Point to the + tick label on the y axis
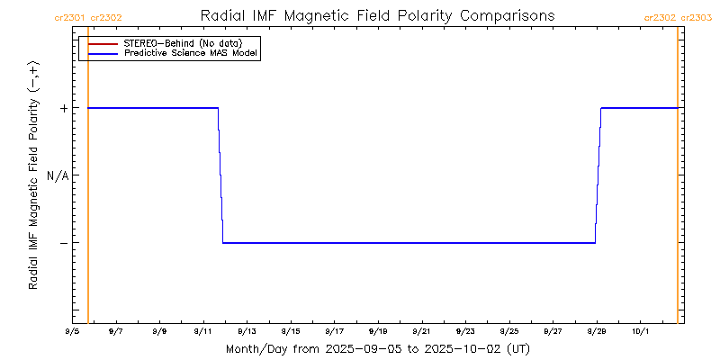(64, 108)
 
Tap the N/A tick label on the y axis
(58, 175)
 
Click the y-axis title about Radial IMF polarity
(33, 175)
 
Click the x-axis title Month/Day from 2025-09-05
(377, 348)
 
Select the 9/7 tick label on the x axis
(115, 330)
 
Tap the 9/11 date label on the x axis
(202, 330)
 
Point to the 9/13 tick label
(247, 330)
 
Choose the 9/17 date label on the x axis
(334, 330)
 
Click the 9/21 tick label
(421, 330)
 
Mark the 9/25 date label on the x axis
(508, 330)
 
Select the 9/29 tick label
(596, 330)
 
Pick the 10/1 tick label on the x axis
(640, 330)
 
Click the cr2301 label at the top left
(70, 16)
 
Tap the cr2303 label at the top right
(696, 16)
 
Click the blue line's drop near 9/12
(220, 175)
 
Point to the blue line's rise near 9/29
(598, 175)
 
